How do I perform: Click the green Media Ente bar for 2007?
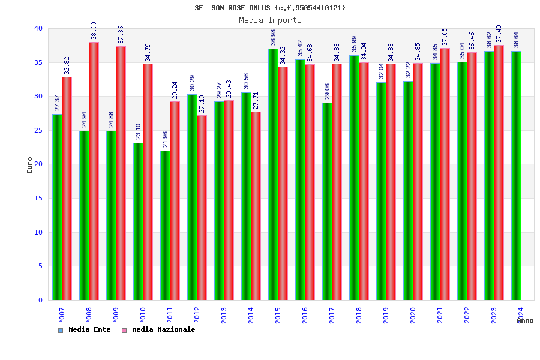[57, 207]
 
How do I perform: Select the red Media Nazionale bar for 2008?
[94, 171]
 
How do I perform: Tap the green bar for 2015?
[273, 174]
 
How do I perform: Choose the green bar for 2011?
[165, 225]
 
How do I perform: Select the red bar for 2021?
[445, 174]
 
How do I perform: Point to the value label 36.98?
[274, 37]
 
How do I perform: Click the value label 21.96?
[166, 139]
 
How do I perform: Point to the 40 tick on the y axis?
[38, 28]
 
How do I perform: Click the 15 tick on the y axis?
[38, 198]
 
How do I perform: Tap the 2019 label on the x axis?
[386, 315]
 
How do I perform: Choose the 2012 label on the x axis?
[197, 315]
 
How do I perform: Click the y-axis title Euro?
[30, 165]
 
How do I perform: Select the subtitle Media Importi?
[270, 20]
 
